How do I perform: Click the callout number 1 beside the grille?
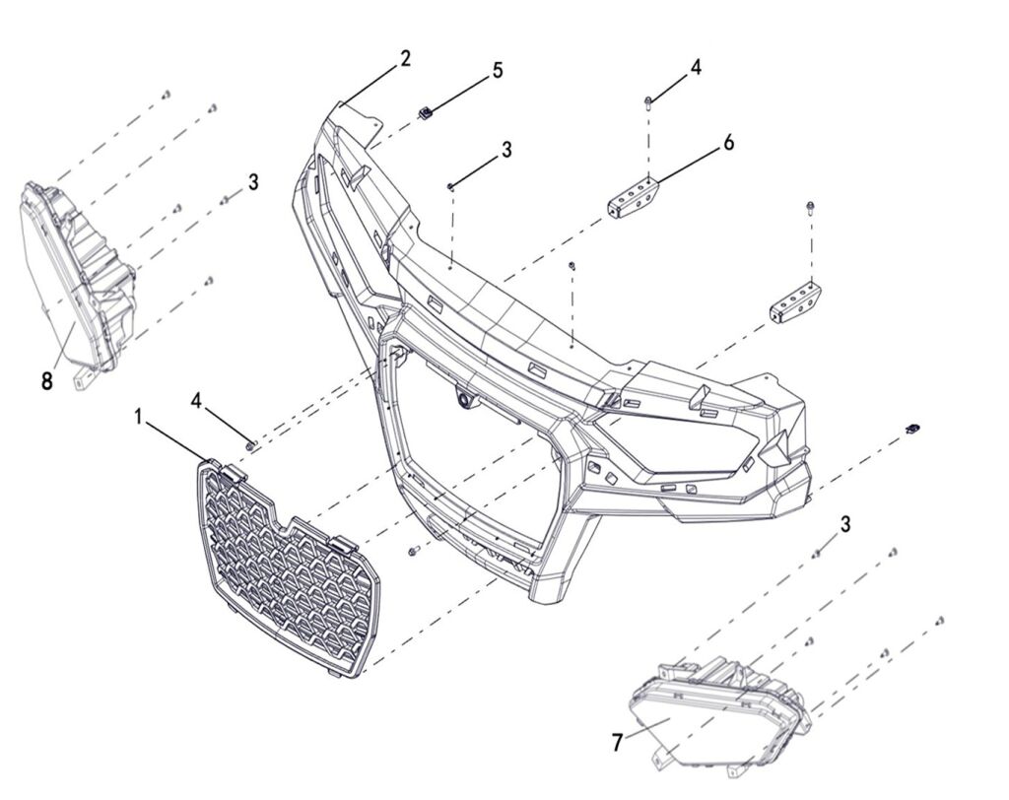138,417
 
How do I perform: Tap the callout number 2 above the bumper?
404,59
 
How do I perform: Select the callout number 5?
498,70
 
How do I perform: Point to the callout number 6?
728,142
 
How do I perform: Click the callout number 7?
617,743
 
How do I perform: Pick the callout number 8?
46,381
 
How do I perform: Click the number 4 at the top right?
696,68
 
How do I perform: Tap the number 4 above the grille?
196,401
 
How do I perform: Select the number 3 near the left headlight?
253,182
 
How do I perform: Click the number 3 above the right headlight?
844,524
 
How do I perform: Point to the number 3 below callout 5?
507,150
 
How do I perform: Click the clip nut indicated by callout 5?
425,112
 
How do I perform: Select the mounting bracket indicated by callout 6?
632,198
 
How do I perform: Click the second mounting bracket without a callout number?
795,304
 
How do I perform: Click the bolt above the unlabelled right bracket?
810,210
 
